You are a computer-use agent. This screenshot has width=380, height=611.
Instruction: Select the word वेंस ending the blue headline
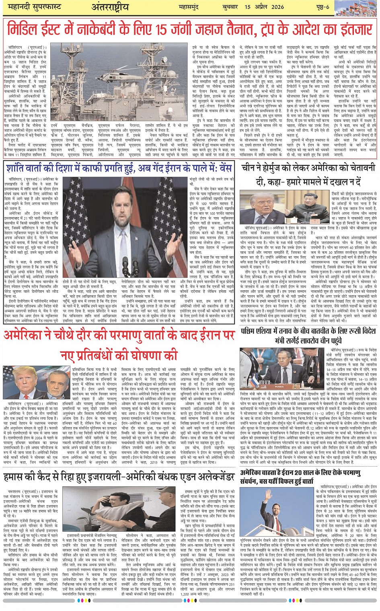tap(224, 167)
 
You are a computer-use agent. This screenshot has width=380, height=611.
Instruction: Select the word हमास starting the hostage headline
tap(15, 477)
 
